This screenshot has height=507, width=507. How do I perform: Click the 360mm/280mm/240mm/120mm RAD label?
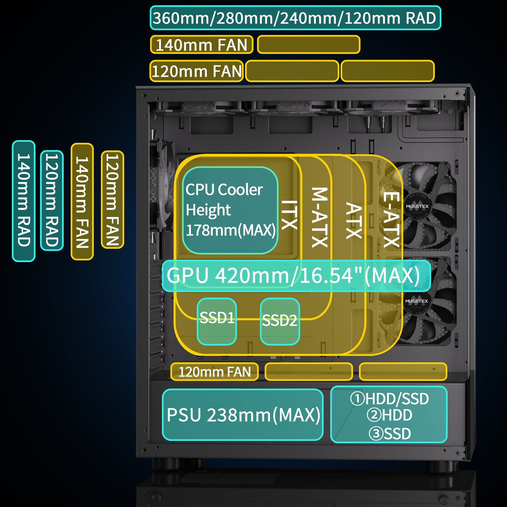point(295,18)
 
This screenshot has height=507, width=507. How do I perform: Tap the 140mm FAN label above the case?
point(202,45)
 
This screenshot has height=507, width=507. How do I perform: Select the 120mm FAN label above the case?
point(197,71)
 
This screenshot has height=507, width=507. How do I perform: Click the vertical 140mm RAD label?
point(24,201)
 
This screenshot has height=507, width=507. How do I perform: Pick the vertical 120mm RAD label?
point(52,200)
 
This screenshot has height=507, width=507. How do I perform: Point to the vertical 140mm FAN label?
point(82,201)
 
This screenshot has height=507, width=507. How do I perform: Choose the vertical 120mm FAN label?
point(113,200)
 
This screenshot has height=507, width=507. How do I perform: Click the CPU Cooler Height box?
point(230,210)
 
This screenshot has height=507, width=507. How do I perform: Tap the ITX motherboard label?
point(290,215)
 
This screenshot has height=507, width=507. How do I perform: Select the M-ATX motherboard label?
point(320,217)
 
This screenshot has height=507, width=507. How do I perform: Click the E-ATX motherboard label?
point(391,220)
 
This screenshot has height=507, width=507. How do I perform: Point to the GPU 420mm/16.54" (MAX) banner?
point(296,276)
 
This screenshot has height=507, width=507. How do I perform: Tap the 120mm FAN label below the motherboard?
point(214,372)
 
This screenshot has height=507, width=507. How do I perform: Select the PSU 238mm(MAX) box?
point(243,415)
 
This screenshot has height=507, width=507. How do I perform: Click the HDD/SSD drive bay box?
point(389,415)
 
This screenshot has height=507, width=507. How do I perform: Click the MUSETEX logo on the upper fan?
point(417,207)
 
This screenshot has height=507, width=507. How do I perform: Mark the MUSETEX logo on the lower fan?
point(416,301)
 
